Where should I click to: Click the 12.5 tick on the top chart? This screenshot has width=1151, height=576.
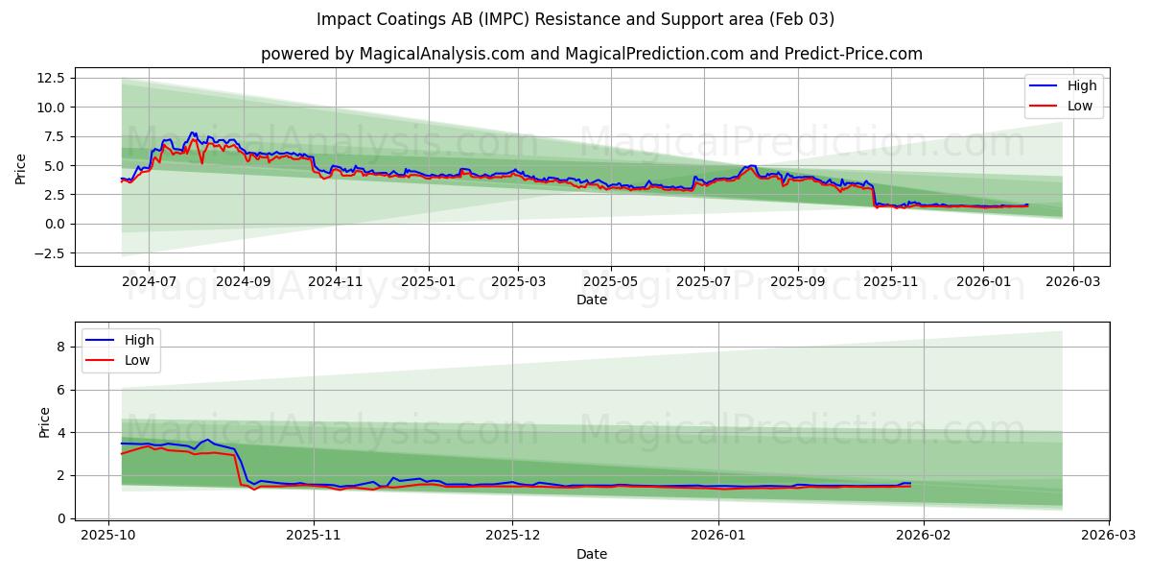click(50, 78)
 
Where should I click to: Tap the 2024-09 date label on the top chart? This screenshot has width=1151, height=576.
click(243, 282)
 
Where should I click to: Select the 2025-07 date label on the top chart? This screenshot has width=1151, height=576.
click(703, 282)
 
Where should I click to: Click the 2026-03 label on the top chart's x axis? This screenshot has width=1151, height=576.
click(1072, 282)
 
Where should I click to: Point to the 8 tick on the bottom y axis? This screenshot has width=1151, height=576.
click(60, 347)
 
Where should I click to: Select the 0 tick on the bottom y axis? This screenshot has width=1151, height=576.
click(60, 518)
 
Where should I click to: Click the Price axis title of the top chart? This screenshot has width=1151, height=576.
click(21, 169)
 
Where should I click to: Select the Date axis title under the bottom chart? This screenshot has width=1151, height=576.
click(592, 554)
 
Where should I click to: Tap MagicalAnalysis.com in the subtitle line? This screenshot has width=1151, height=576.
click(442, 54)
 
